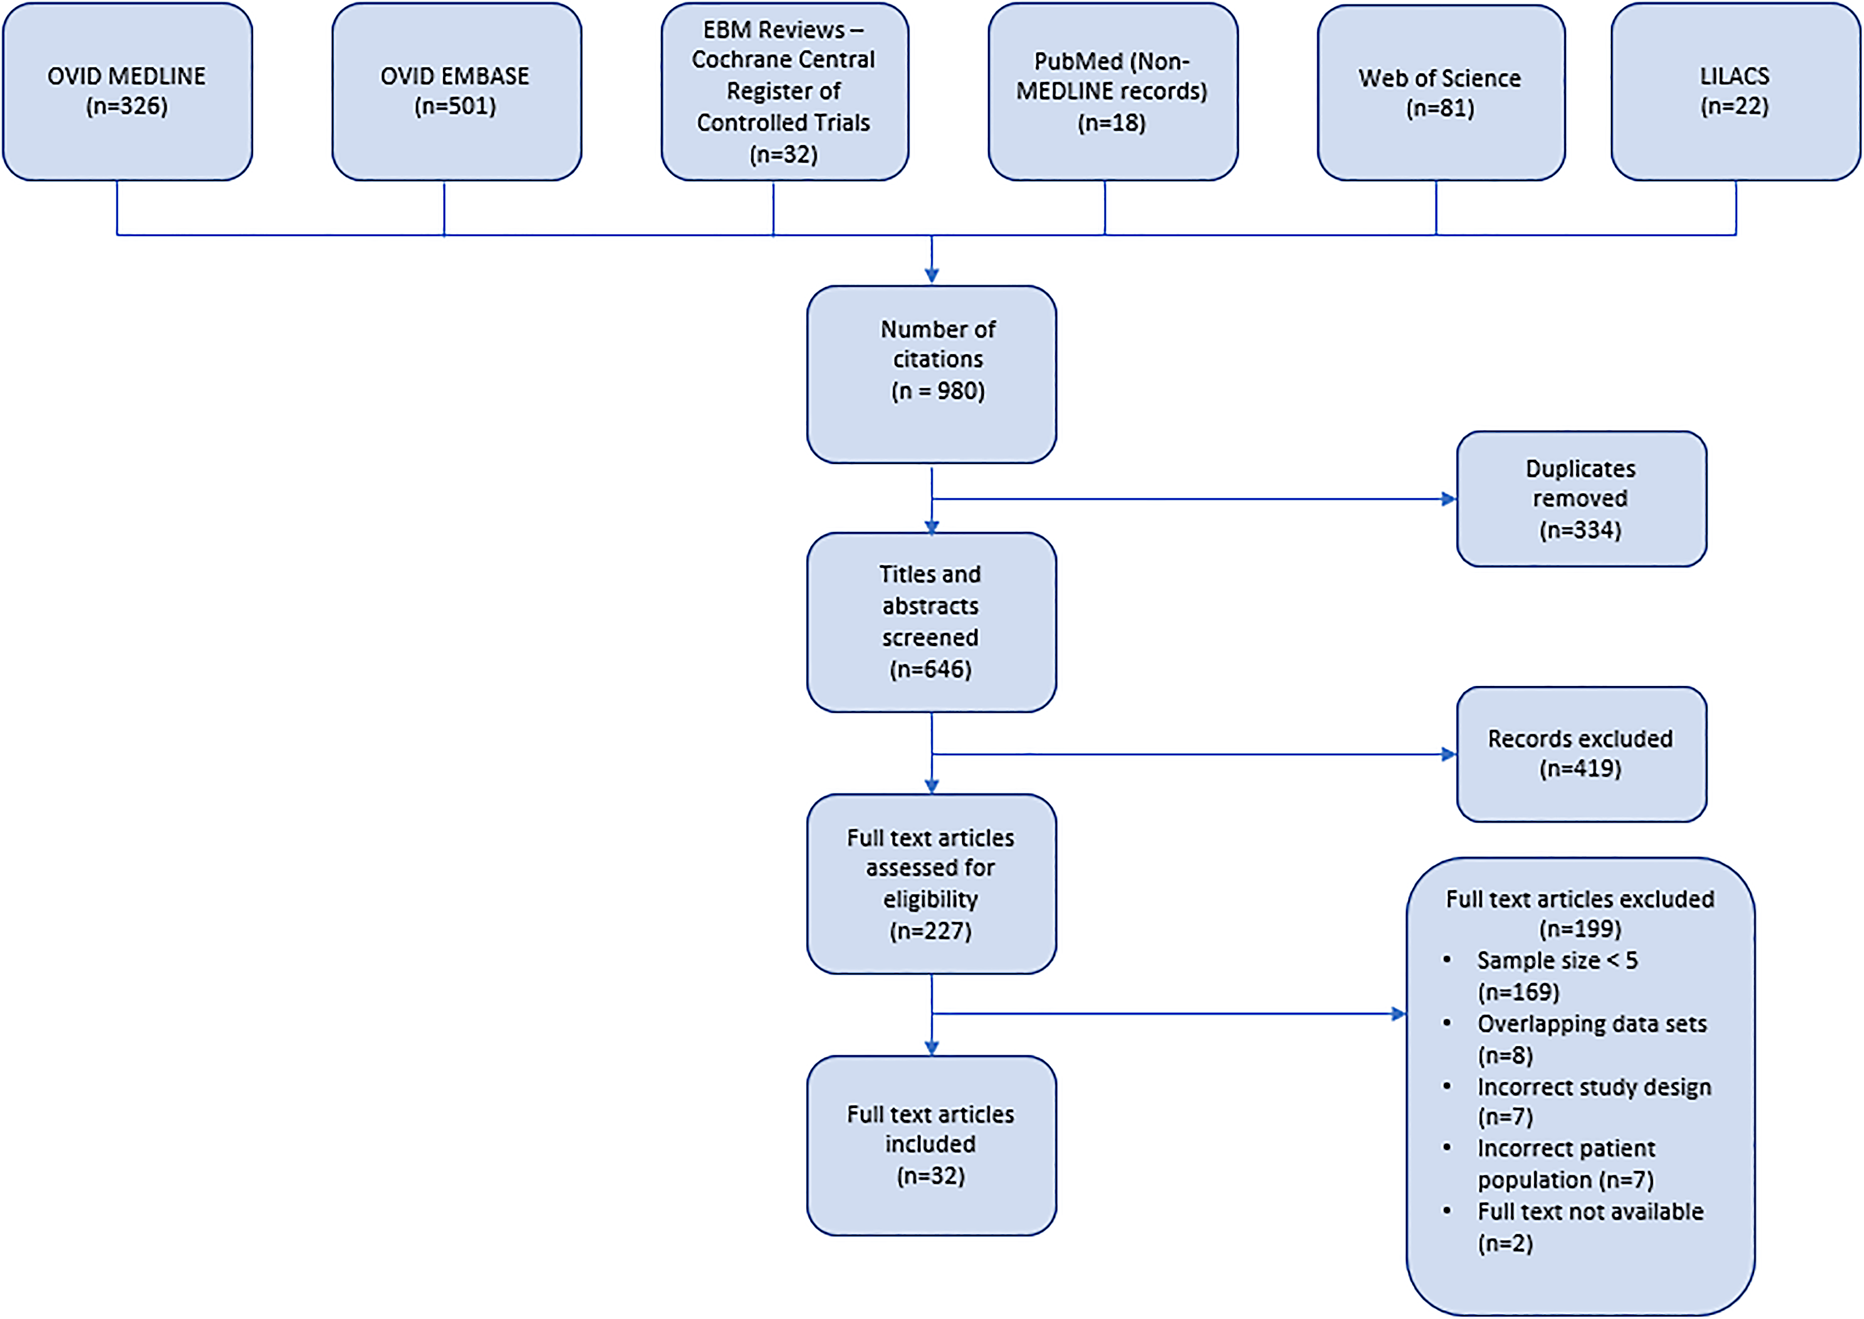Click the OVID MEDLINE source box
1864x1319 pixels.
pyautogui.click(x=128, y=91)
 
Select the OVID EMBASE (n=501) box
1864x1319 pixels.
pyautogui.click(x=457, y=91)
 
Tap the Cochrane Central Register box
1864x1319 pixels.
pyautogui.click(x=785, y=91)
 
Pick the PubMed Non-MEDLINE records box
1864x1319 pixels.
pyautogui.click(x=1113, y=91)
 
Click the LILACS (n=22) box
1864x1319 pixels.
pyautogui.click(x=1736, y=91)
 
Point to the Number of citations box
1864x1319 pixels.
pyautogui.click(x=932, y=375)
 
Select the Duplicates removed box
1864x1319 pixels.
pyautogui.click(x=1581, y=499)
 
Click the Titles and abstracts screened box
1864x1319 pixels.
pyautogui.click(x=932, y=622)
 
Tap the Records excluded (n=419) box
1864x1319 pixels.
pyautogui.click(x=1581, y=754)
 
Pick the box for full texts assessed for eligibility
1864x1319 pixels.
pyautogui.click(x=932, y=883)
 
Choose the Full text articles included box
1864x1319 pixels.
pyautogui.click(x=932, y=1145)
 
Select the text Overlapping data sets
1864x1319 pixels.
pyautogui.click(x=1592, y=1023)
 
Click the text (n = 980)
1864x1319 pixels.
pyautogui.click(x=938, y=391)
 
